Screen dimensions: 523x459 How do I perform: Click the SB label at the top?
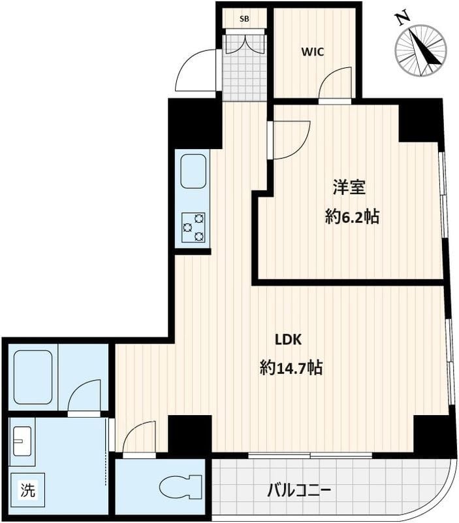tap(244, 19)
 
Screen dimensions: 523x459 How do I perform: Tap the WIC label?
tap(313, 52)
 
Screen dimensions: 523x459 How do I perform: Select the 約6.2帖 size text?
tap(352, 217)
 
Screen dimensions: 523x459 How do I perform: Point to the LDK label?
tap(287, 339)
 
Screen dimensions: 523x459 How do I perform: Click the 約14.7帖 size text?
tap(291, 368)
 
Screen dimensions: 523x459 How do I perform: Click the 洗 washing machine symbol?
tap(27, 490)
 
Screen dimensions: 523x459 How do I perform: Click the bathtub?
tap(33, 377)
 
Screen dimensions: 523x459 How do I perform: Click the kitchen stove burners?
tap(193, 227)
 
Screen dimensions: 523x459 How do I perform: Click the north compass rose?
tap(420, 50)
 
